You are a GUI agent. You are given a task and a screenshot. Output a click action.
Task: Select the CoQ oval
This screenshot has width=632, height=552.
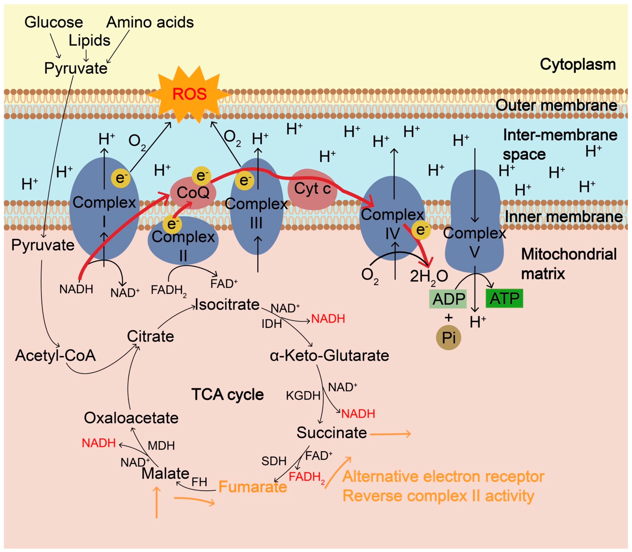[x=193, y=193]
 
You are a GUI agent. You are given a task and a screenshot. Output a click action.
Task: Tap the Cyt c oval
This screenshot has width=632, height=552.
[x=312, y=189]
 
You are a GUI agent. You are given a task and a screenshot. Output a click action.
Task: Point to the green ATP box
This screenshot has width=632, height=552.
[x=504, y=298]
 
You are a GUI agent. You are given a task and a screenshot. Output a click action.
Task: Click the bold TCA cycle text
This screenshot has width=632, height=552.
[x=228, y=394]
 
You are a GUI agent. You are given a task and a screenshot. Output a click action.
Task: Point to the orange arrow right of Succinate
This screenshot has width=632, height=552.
[x=390, y=434]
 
